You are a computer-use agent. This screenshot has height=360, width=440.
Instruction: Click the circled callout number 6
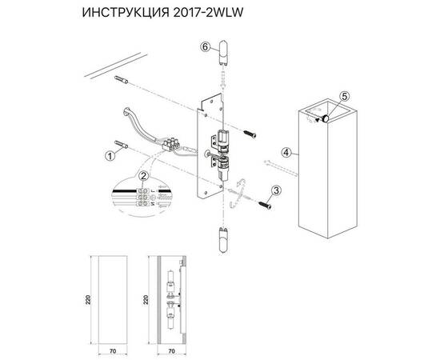coord(205,47)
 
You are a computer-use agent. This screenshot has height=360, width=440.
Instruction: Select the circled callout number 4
coord(286,150)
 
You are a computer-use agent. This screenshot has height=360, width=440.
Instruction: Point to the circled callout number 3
coord(275,190)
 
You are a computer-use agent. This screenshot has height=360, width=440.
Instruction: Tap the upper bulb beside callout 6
coord(223,58)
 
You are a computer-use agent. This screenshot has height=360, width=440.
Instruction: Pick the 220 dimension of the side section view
coord(146,300)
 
